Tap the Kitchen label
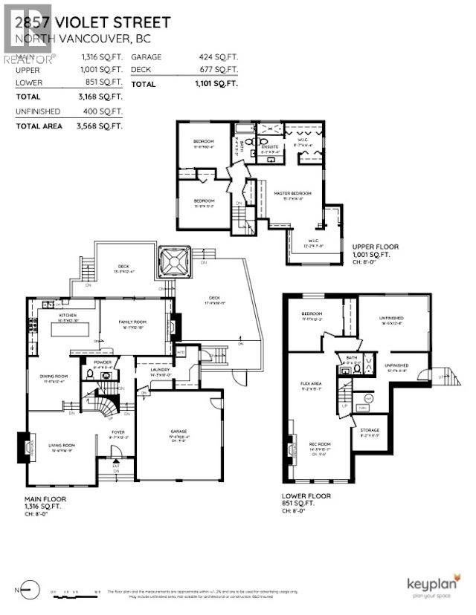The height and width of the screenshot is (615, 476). click(x=68, y=315)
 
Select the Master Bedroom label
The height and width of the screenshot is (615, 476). click(x=292, y=193)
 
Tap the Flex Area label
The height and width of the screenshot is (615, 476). click(x=311, y=383)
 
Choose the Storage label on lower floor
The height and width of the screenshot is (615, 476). click(x=370, y=430)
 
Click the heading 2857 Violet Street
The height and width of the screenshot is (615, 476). click(x=97, y=22)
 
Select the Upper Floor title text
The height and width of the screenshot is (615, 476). click(x=377, y=246)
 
